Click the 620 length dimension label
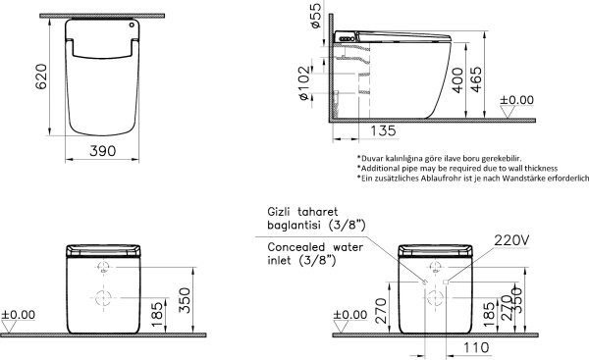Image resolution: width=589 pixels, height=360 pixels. pos(41,77)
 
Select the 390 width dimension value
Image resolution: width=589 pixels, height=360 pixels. pos(102,151)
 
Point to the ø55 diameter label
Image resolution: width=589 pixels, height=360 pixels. pos(316,16)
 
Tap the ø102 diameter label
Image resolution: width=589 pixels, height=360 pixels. pos(304,83)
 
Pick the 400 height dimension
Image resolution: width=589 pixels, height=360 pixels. pos(457,80)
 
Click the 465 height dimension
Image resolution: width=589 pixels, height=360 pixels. pos(476,79)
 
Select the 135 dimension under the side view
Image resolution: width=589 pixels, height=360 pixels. pos(383,131)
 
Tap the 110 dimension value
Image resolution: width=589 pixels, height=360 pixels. pos(476,348)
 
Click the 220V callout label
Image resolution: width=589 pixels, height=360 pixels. pos(511,240)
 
